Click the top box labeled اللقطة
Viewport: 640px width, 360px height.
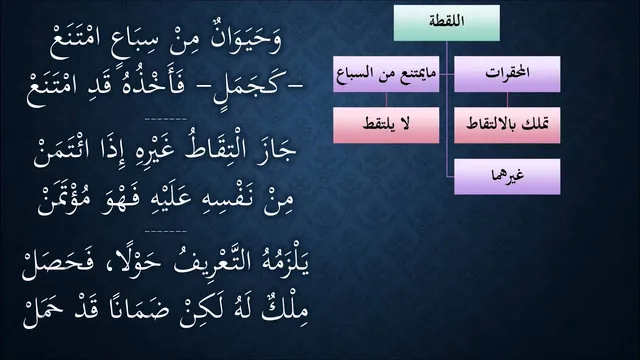[447, 23]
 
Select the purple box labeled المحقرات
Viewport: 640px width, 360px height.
[507, 74]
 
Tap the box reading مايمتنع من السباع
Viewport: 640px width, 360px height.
[386, 74]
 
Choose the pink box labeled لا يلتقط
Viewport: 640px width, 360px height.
[386, 125]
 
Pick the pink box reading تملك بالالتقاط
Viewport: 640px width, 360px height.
[507, 125]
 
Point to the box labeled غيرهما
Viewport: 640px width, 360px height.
[507, 176]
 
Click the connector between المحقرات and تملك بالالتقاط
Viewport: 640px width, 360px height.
[507, 100]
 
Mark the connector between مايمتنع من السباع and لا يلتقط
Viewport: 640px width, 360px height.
[386, 100]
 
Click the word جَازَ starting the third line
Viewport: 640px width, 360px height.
[277, 152]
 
